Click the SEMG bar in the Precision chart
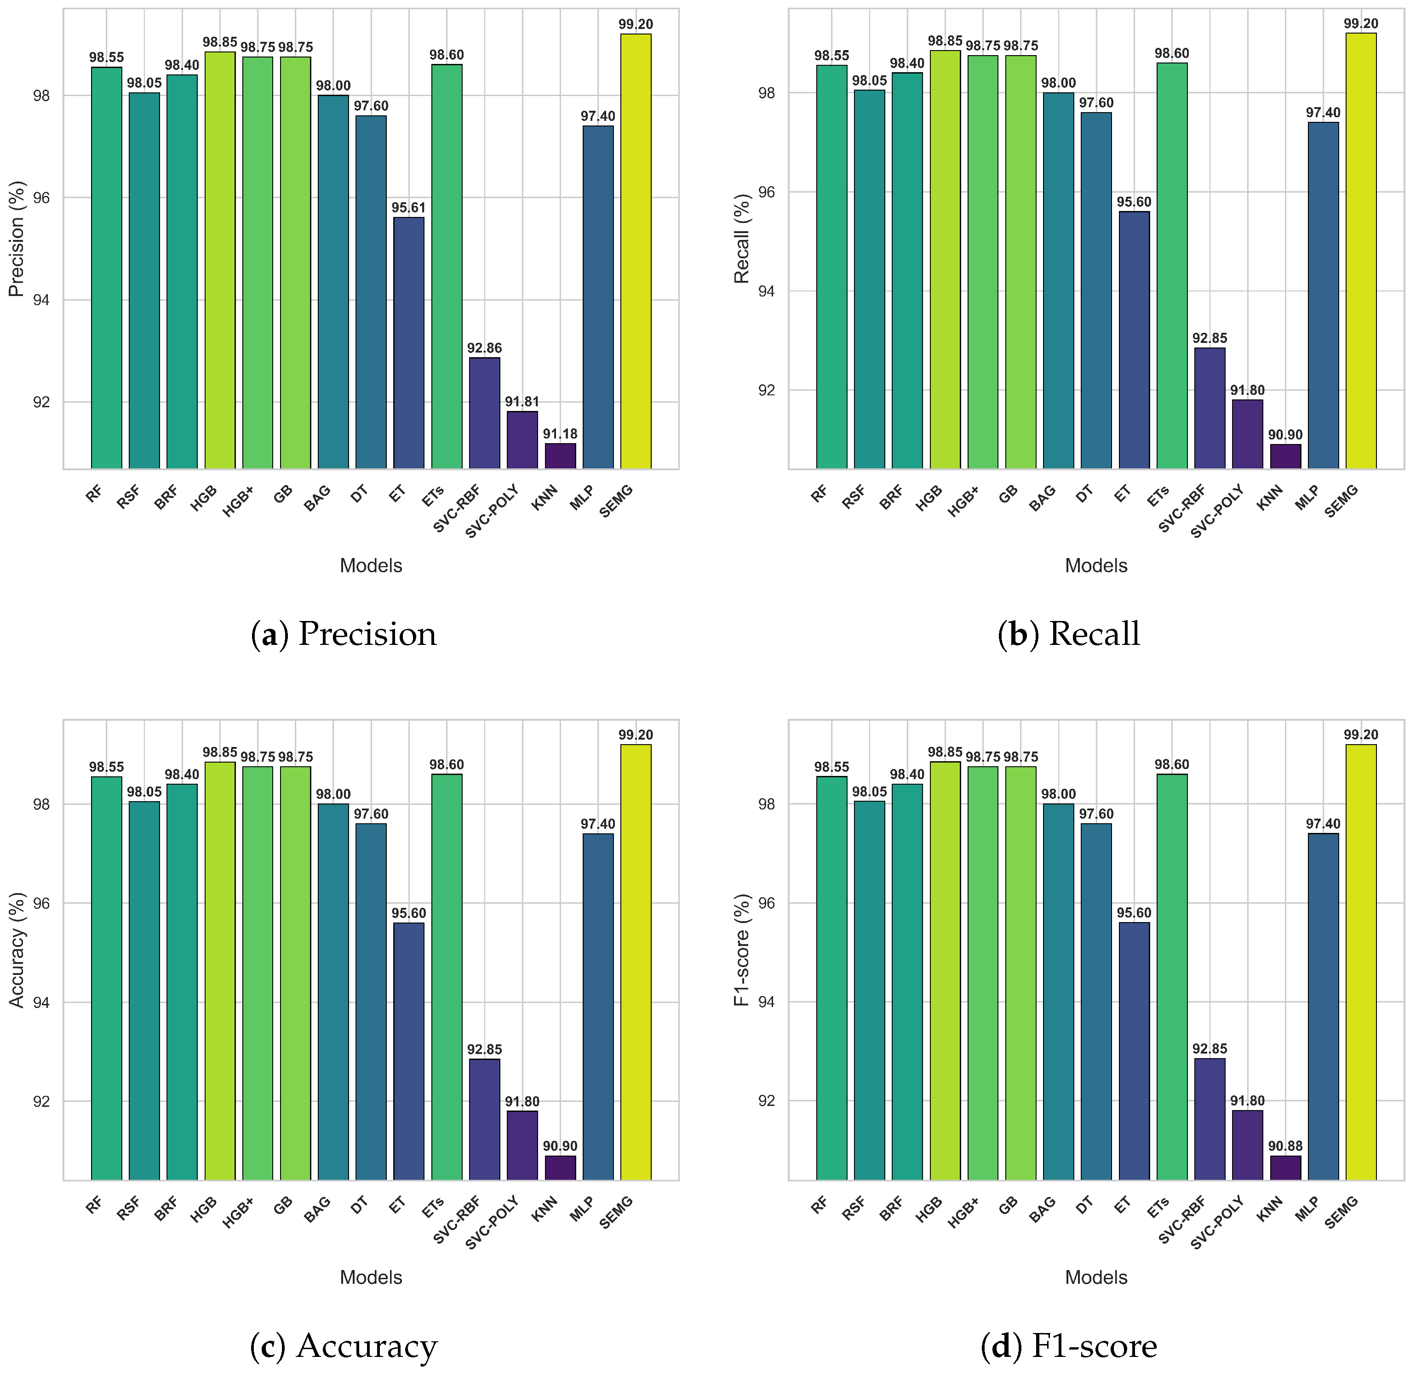tap(636, 251)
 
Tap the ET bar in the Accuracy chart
tap(409, 1052)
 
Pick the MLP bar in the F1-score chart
tap(1323, 1007)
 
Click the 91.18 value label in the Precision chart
tap(560, 434)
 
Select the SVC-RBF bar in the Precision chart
tap(484, 413)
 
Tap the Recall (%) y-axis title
tap(742, 239)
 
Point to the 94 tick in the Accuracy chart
tap(42, 1003)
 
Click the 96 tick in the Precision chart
tap(42, 198)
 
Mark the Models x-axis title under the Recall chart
tap(1096, 565)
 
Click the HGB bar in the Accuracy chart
tap(220, 971)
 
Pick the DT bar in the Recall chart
tap(1096, 291)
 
